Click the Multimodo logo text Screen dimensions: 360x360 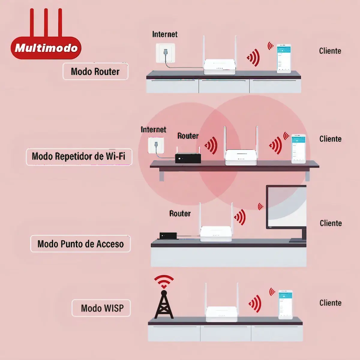pyautogui.click(x=46, y=48)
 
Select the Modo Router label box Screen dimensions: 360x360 pyautogui.click(x=95, y=71)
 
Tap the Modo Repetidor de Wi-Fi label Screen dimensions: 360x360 pyautogui.click(x=79, y=157)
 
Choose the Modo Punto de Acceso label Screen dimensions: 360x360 pyautogui.click(x=80, y=244)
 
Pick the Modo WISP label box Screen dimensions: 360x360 pyautogui.click(x=101, y=308)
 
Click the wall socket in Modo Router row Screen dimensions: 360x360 pyautogui.click(x=165, y=53)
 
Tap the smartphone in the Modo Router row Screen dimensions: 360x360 pyautogui.click(x=283, y=58)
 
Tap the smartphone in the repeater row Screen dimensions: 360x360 pyautogui.click(x=298, y=149)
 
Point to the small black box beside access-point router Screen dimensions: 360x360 pyautogui.click(x=168, y=235)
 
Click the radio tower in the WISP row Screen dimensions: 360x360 pyautogui.click(x=164, y=304)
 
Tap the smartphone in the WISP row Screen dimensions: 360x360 pyautogui.click(x=285, y=304)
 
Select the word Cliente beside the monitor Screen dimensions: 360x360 pyautogui.click(x=331, y=223)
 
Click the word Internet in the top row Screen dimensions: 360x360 pyautogui.click(x=165, y=34)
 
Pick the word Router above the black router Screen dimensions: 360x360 pyautogui.click(x=188, y=136)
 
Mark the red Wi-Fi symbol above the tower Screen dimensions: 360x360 pyautogui.click(x=164, y=281)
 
